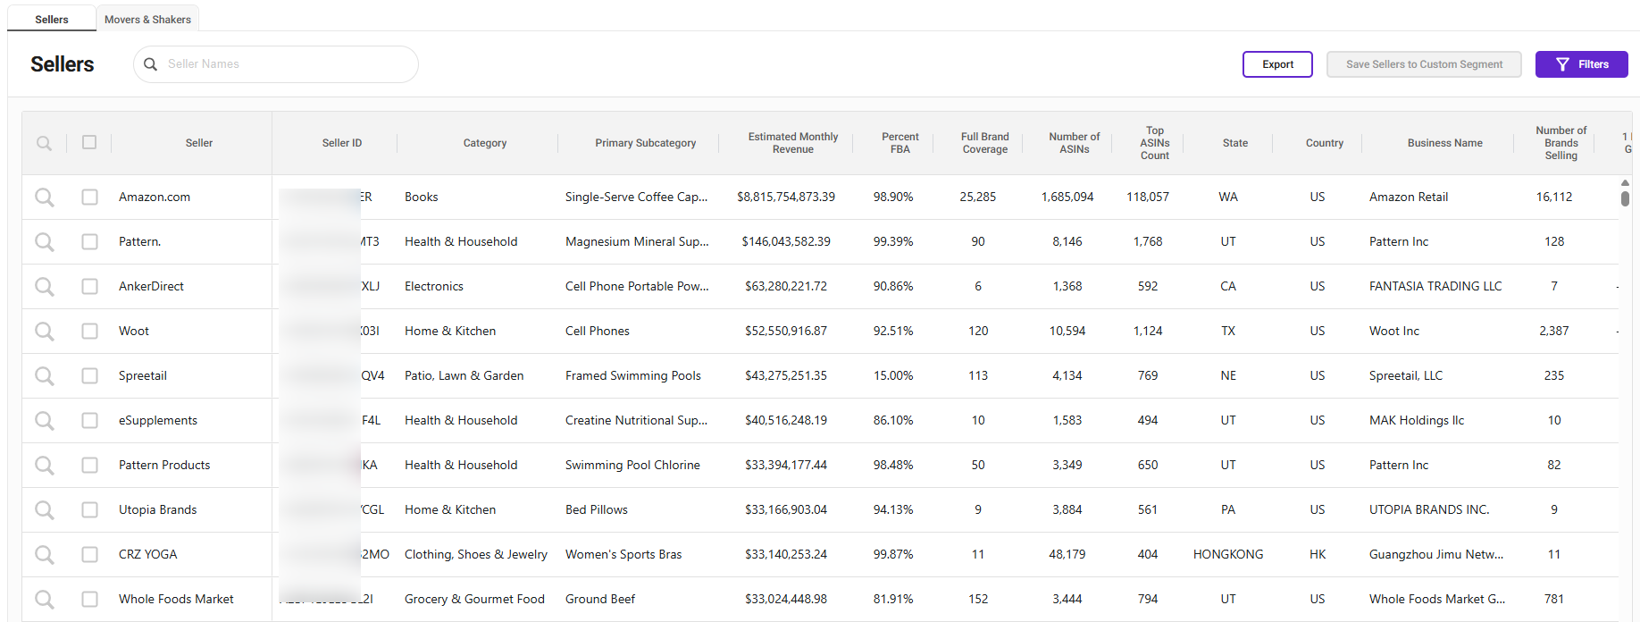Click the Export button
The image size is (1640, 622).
(1276, 64)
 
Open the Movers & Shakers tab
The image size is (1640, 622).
(147, 19)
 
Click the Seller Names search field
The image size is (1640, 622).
(286, 64)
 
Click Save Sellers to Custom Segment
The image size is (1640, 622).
(1423, 64)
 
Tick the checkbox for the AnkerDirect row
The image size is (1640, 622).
(89, 286)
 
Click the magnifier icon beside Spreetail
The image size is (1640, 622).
(44, 375)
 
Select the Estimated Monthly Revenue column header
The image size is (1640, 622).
(792, 143)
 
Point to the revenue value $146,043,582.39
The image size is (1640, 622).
(785, 241)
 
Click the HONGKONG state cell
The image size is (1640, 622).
(1227, 554)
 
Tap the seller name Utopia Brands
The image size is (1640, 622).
(157, 509)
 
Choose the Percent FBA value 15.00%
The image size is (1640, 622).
(892, 375)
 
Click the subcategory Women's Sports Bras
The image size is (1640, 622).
(623, 554)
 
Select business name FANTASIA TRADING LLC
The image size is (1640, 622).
(1435, 286)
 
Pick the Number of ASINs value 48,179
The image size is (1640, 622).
(1067, 554)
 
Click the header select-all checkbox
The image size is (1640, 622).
(89, 142)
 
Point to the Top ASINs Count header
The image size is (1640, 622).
(1154, 143)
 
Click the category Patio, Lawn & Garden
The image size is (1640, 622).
(464, 375)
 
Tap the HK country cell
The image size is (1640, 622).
(1317, 554)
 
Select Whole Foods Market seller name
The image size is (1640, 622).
(176, 599)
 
